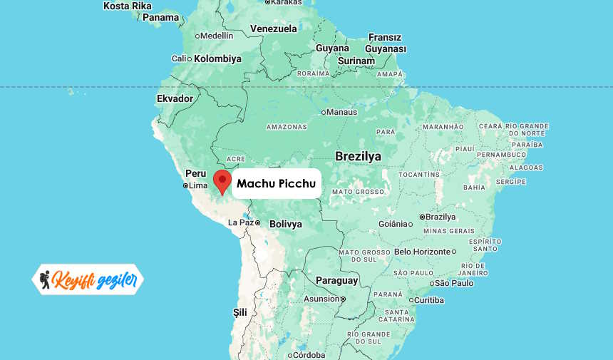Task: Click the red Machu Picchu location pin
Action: coord(222,180)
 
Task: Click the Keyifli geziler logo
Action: coord(88,279)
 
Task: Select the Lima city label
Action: coord(197,186)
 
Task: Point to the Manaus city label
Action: coord(343,112)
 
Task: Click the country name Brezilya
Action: coord(358,156)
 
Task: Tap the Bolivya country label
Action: coord(286,224)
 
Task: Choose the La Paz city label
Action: coord(241,223)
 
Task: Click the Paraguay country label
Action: coord(336,280)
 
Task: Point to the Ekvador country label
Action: coord(175,98)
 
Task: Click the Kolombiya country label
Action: coord(217,58)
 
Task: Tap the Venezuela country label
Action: coord(273,29)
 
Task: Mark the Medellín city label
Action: coord(217,36)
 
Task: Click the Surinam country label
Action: coord(356,61)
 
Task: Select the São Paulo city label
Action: coord(454,283)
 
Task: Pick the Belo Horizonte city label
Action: coord(423,252)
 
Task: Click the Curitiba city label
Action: coord(429,300)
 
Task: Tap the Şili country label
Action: coord(240,312)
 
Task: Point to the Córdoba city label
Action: coord(309,355)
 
